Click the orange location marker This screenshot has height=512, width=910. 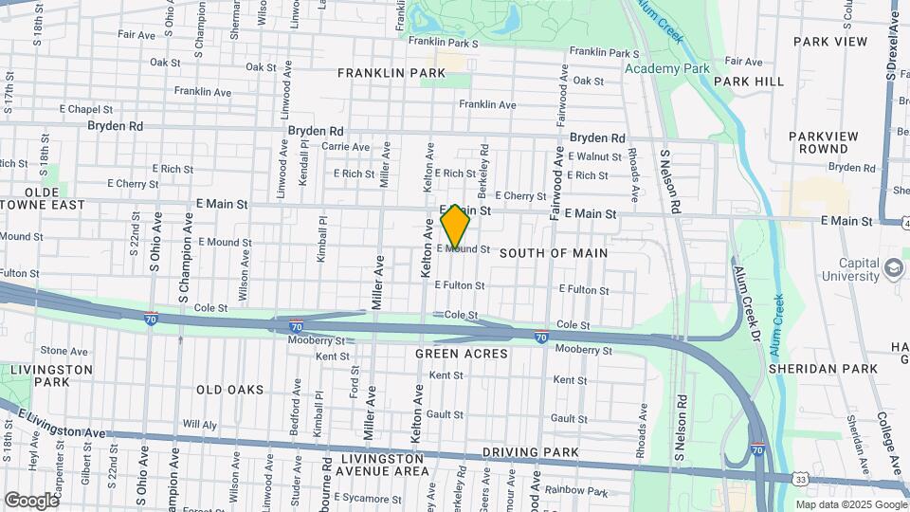pos(455,227)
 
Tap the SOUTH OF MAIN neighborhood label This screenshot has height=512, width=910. pos(554,253)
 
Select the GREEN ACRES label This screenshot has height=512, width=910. pos(462,354)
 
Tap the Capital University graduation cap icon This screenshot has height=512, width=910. pos(893,268)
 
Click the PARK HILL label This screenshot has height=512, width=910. pos(749,82)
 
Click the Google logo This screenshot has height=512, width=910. pos(31,500)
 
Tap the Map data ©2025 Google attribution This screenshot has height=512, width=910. pos(852,503)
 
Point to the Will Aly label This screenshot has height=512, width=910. pos(200,424)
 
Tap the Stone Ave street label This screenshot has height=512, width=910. pos(64,351)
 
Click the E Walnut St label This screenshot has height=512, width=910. pos(594,156)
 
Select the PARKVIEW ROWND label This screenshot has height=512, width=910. pos(822,142)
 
